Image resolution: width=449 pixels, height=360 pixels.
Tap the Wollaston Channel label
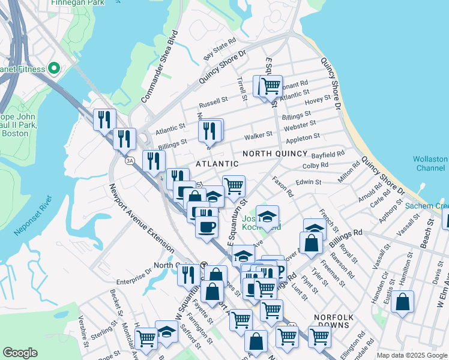tap(430, 164)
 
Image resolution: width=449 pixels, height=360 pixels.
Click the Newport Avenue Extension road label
tap(141, 215)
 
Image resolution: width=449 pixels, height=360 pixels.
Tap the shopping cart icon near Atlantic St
tap(271, 85)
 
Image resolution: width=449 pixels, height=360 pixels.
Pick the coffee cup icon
tap(207, 227)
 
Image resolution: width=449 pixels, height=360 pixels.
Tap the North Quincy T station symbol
tap(203, 265)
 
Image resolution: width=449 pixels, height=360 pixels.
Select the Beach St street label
tap(430, 234)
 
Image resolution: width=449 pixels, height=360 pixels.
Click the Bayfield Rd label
tap(329, 154)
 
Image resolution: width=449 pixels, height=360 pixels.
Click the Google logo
tap(20, 353)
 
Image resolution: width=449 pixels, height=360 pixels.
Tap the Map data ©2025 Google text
tap(411, 356)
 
